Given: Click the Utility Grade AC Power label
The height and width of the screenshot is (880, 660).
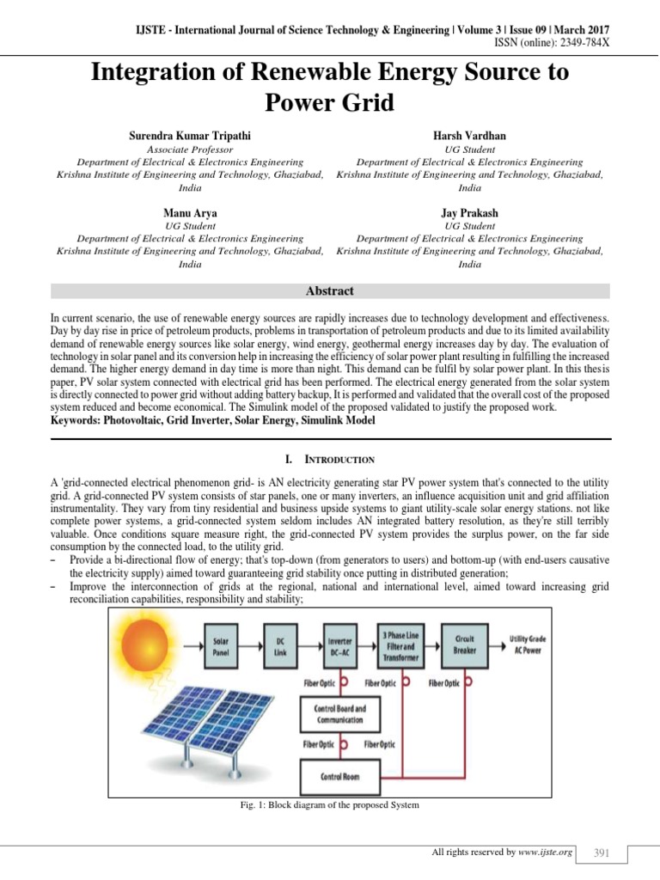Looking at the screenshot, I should point(539,645).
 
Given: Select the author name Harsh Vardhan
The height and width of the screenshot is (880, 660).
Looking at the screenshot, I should point(469,136).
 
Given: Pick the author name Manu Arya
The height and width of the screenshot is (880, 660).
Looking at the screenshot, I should point(190,212).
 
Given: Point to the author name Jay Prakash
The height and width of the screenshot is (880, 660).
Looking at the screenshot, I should point(469,212).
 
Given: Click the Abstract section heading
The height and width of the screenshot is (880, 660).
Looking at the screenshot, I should point(330,291).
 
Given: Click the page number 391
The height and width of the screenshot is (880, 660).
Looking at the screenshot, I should point(602,852).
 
